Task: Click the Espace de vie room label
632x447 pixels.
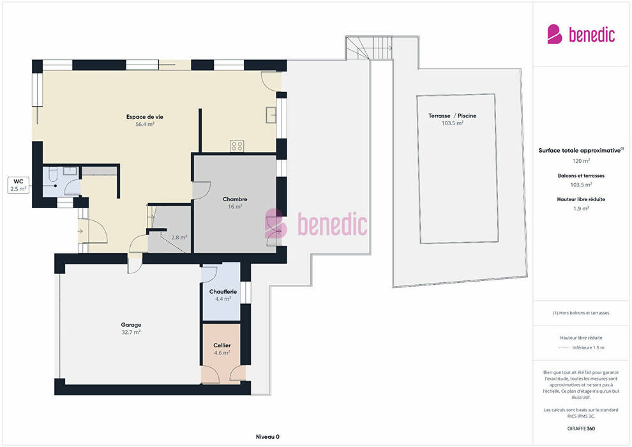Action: tap(145, 117)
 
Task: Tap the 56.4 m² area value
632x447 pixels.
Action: tap(145, 124)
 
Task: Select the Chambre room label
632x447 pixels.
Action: tap(235, 199)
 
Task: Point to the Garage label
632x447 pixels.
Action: tap(131, 325)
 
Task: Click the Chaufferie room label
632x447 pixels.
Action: tap(223, 291)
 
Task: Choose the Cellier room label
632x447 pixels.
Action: tap(222, 345)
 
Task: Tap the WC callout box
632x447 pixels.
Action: tap(19, 185)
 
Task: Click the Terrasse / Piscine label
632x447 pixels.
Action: tap(452, 116)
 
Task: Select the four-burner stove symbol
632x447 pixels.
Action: tap(237, 146)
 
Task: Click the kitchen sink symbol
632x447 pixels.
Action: tap(271, 115)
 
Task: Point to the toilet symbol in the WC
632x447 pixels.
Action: tap(53, 174)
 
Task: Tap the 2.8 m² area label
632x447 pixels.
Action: tap(179, 238)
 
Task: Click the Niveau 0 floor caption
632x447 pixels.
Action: tap(267, 437)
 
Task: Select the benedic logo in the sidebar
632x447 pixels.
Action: tap(581, 34)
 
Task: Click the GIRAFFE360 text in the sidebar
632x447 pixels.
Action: tap(581, 428)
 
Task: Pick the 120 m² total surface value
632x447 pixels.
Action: tap(581, 161)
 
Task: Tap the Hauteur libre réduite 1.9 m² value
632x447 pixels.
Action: tap(581, 208)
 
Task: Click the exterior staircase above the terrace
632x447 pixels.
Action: tap(369, 48)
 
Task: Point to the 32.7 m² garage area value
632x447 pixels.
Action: tap(131, 333)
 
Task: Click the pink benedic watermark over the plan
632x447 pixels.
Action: tap(316, 223)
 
